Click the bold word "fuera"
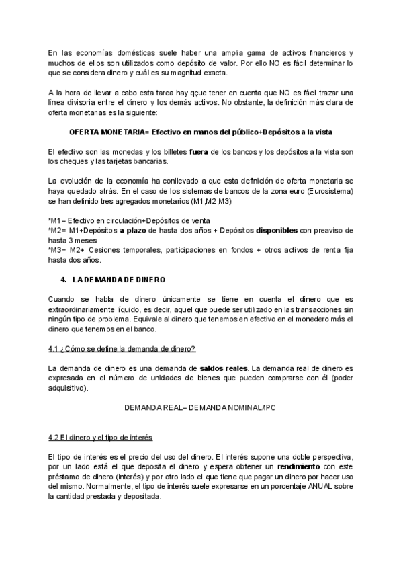coord(199,152)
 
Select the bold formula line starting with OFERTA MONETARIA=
coord(201,131)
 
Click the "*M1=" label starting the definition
coord(58,221)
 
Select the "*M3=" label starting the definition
coord(58,249)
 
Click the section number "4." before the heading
coord(63,278)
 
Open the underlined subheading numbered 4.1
coord(122,348)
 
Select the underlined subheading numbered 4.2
coord(101,438)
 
